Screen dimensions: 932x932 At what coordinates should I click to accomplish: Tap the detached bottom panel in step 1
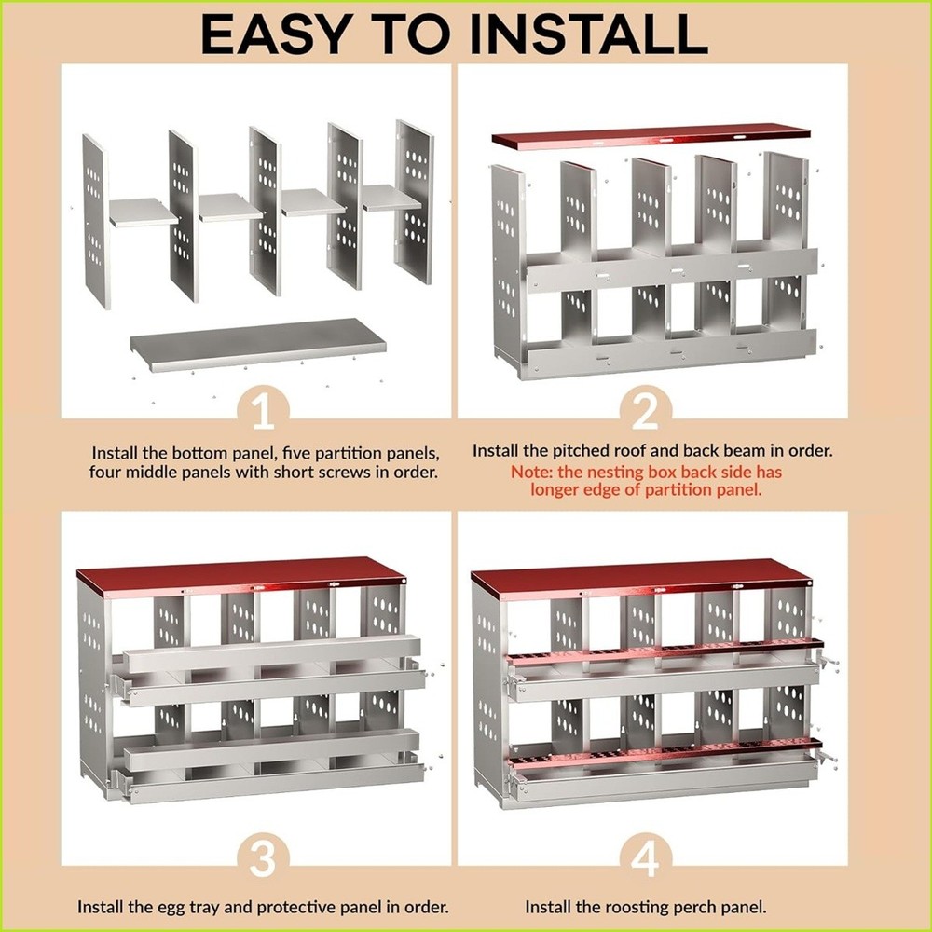coord(258,342)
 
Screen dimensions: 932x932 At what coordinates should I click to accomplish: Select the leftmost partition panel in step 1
coord(95,220)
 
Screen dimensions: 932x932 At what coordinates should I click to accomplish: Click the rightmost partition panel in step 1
coord(415,200)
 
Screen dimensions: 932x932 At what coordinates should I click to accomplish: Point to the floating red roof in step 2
coord(651,135)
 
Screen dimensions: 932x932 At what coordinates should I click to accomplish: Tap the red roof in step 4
coord(640,577)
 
